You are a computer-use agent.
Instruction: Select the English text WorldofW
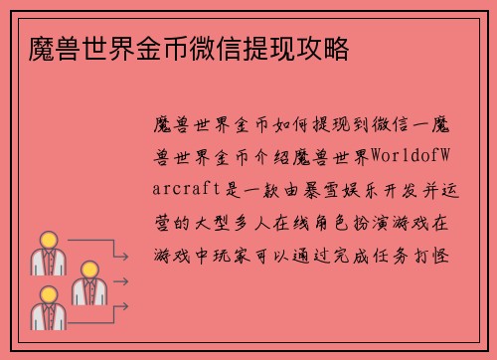point(413,157)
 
